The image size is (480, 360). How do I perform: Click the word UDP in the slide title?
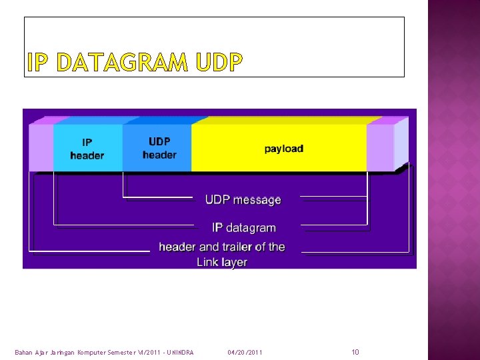[219, 63]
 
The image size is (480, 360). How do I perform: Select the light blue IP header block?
[87, 148]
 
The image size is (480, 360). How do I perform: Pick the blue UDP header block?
[159, 148]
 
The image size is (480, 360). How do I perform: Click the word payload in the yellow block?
[283, 148]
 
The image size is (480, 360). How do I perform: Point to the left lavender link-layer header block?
[41, 148]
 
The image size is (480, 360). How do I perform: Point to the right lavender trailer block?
[380, 148]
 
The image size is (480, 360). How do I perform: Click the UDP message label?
[243, 200]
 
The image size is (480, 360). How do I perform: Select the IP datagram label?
[243, 228]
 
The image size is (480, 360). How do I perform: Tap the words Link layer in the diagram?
[221, 263]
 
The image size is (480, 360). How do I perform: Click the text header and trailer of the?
[221, 247]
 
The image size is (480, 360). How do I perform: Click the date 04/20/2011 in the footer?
[245, 352]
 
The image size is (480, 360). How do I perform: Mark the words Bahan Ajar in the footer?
[30, 352]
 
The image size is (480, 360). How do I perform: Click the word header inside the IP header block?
[87, 155]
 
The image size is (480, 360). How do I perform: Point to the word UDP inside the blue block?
[159, 141]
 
